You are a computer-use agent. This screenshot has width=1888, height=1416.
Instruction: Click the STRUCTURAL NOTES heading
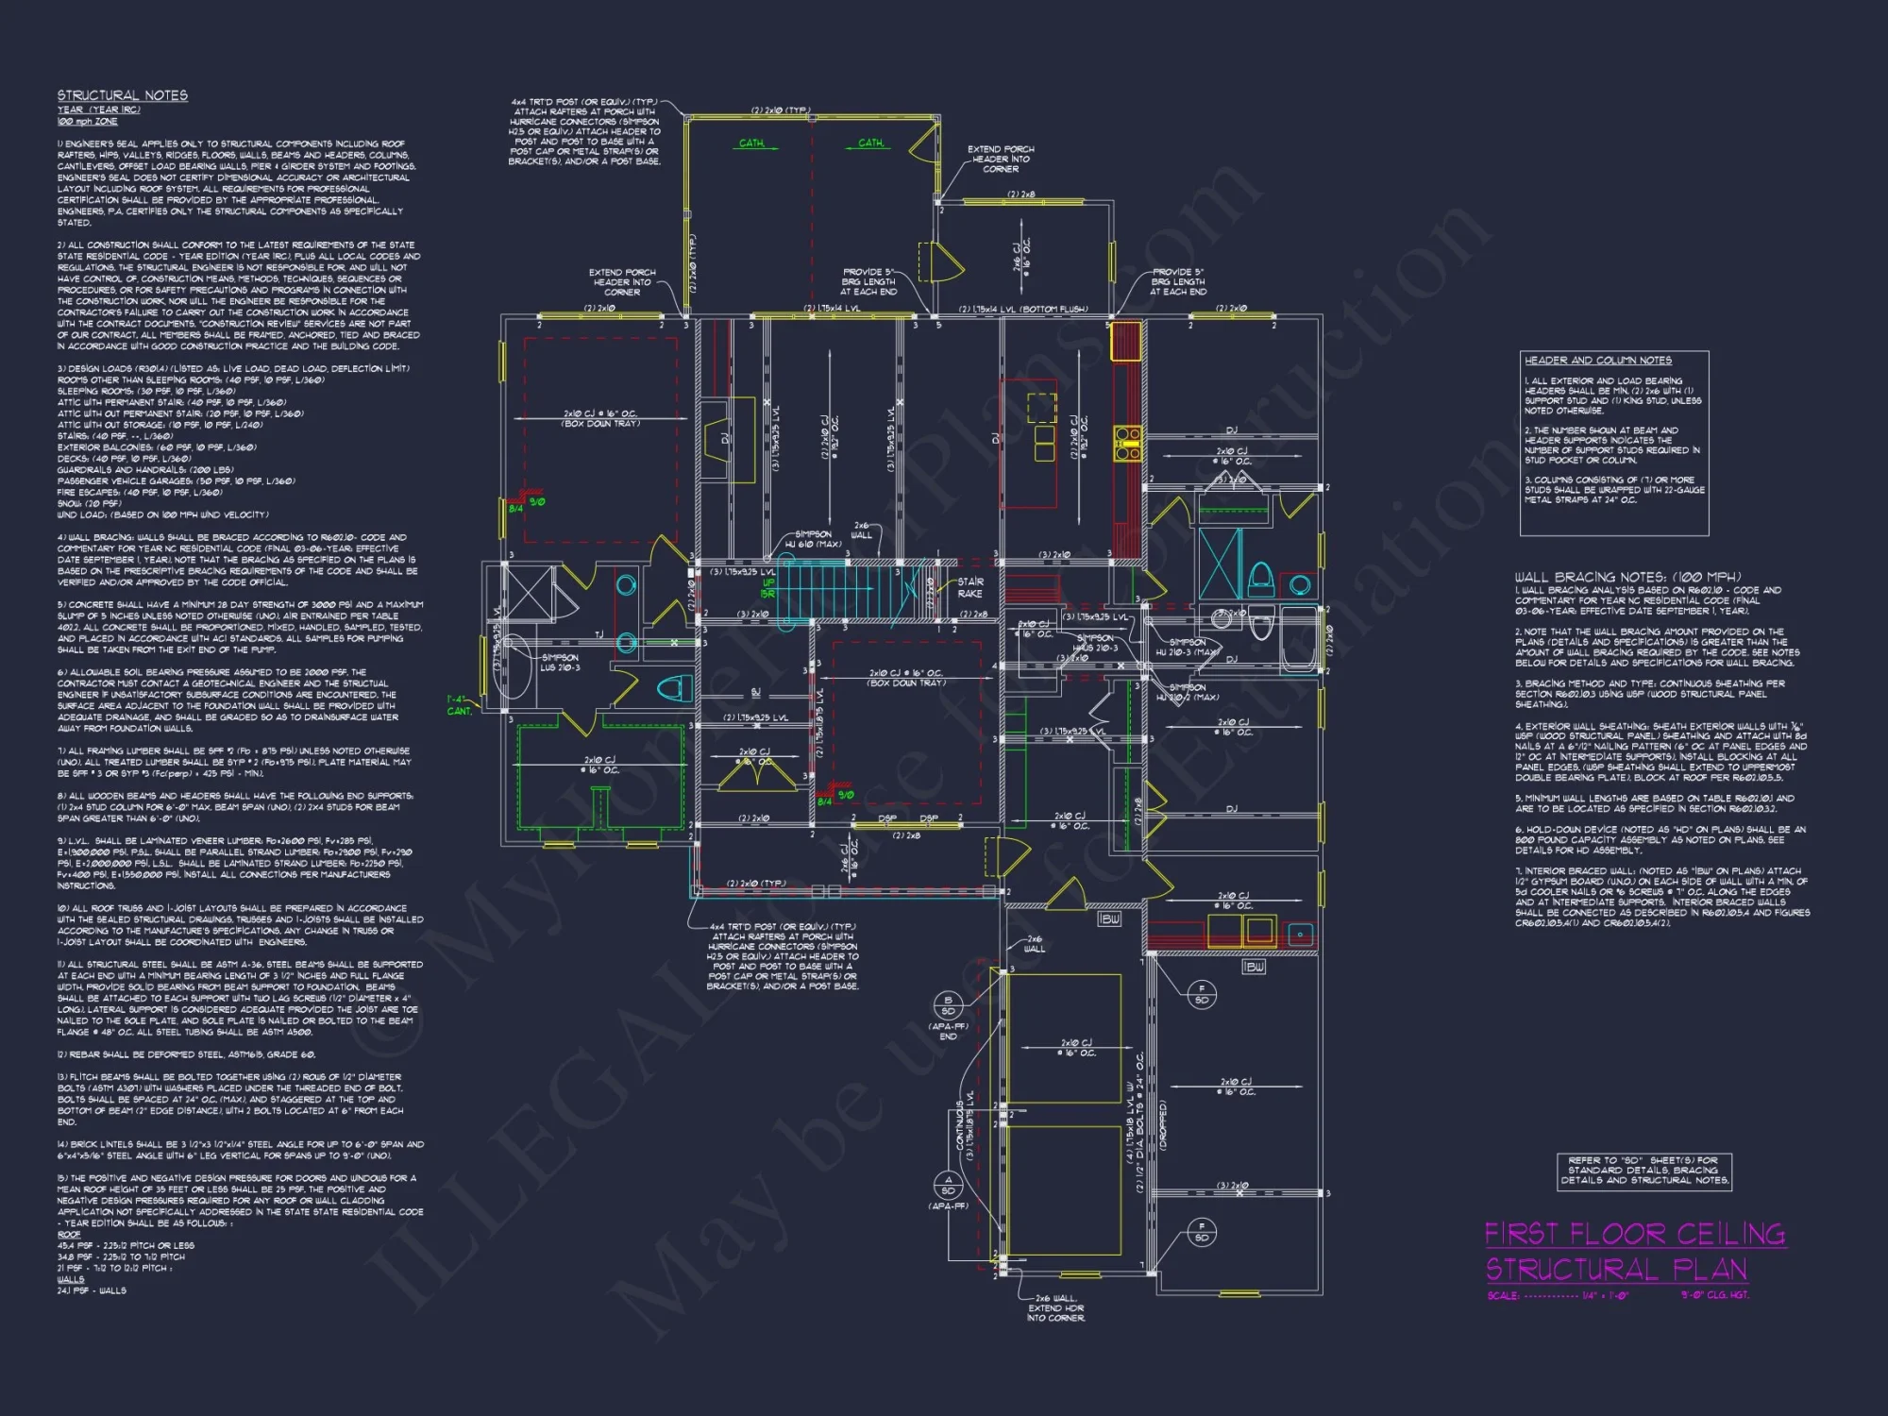pyautogui.click(x=123, y=95)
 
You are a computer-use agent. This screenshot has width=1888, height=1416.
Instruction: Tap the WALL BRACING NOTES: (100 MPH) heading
pyautogui.click(x=1627, y=577)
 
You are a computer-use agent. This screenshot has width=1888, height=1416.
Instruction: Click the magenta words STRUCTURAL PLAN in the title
pyautogui.click(x=1616, y=1270)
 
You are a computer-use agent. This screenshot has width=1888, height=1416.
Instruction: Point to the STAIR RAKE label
pyautogui.click(x=969, y=587)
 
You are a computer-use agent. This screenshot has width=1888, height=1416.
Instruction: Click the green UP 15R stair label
pyautogui.click(x=768, y=588)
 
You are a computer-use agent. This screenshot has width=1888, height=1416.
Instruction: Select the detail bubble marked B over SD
pyautogui.click(x=948, y=1004)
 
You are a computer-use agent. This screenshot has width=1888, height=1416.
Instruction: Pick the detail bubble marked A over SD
pyautogui.click(x=948, y=1185)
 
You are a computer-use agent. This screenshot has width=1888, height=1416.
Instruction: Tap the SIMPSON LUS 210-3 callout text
pyautogui.click(x=560, y=663)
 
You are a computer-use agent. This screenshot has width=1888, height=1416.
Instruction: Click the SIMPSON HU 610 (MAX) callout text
pyautogui.click(x=813, y=539)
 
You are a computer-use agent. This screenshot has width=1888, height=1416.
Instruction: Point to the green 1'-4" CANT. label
pyautogui.click(x=459, y=705)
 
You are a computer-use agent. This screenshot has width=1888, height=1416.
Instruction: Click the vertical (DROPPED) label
pyautogui.click(x=1163, y=1124)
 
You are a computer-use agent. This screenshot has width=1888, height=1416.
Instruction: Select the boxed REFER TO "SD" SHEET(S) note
pyautogui.click(x=1644, y=1171)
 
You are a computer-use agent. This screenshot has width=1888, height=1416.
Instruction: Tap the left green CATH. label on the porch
pyautogui.click(x=751, y=143)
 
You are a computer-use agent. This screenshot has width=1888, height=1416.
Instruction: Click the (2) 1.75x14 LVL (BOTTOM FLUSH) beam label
pyautogui.click(x=1023, y=310)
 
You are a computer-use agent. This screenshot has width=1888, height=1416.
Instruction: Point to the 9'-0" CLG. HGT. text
pyautogui.click(x=1714, y=1295)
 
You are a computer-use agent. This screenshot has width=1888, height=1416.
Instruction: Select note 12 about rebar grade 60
pyautogui.click(x=186, y=1054)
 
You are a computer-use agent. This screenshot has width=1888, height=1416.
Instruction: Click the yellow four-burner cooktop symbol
pyautogui.click(x=1127, y=444)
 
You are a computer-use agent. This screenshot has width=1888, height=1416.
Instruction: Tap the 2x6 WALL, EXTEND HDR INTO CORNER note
pyautogui.click(x=1056, y=1308)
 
